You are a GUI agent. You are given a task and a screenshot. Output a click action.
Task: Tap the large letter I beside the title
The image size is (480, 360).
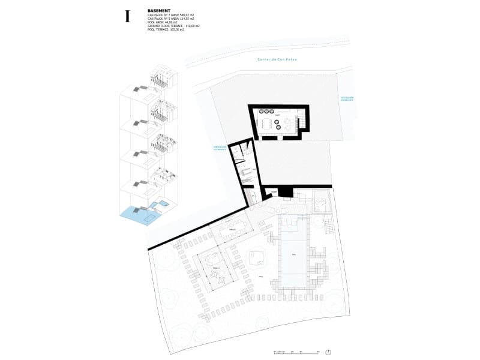point(127,16)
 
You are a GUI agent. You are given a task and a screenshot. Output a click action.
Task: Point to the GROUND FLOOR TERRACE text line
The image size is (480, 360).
point(173,26)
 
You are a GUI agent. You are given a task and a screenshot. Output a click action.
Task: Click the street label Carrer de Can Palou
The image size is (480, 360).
point(277,59)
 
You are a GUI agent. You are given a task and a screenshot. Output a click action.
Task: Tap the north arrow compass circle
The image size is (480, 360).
point(329,352)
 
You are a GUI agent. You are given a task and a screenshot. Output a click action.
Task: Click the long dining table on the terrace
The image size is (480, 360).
point(233,229)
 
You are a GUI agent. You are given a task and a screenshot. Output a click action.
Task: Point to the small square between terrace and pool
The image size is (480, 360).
point(257,258)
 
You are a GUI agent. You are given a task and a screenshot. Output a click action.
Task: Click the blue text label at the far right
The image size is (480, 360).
point(347,98)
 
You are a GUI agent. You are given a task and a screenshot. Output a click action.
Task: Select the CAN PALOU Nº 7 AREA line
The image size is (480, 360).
point(172,16)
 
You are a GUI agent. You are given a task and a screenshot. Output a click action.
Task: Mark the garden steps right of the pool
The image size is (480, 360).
point(329,226)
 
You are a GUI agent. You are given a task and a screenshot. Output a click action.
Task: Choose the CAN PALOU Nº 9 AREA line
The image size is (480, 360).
point(172,19)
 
